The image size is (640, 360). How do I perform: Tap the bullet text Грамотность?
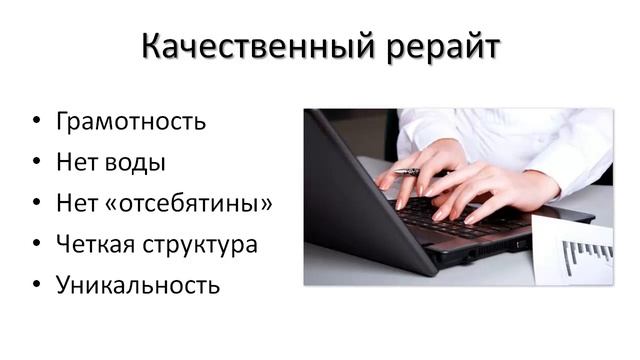(x=131, y=122)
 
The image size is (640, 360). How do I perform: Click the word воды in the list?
(x=139, y=163)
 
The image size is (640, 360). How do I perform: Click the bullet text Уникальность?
(x=137, y=284)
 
